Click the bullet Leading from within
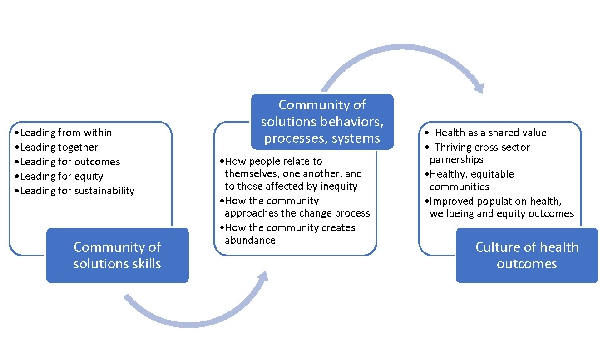(x=66, y=133)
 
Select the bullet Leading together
(x=59, y=147)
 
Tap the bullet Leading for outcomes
(x=70, y=162)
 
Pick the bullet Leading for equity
(x=62, y=176)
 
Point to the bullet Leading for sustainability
(x=77, y=191)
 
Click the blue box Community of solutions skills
(x=117, y=255)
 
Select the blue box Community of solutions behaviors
(x=322, y=122)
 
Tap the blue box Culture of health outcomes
(x=527, y=255)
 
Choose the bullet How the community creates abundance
(x=290, y=233)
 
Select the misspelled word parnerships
(x=456, y=160)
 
